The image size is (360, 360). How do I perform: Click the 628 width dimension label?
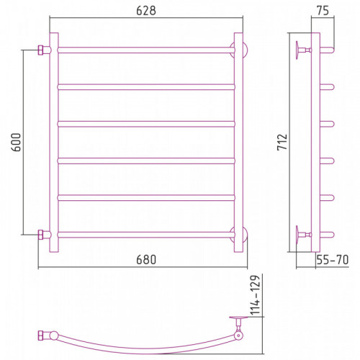coord(146,11)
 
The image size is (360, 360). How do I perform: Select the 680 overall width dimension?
coord(146,260)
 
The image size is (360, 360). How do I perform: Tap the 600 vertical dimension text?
coord(17,143)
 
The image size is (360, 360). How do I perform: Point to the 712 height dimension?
coord(282,143)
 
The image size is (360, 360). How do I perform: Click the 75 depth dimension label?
coord(323,11)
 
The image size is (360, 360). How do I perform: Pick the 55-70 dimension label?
coord(333,260)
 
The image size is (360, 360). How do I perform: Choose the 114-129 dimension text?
coord(255,295)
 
